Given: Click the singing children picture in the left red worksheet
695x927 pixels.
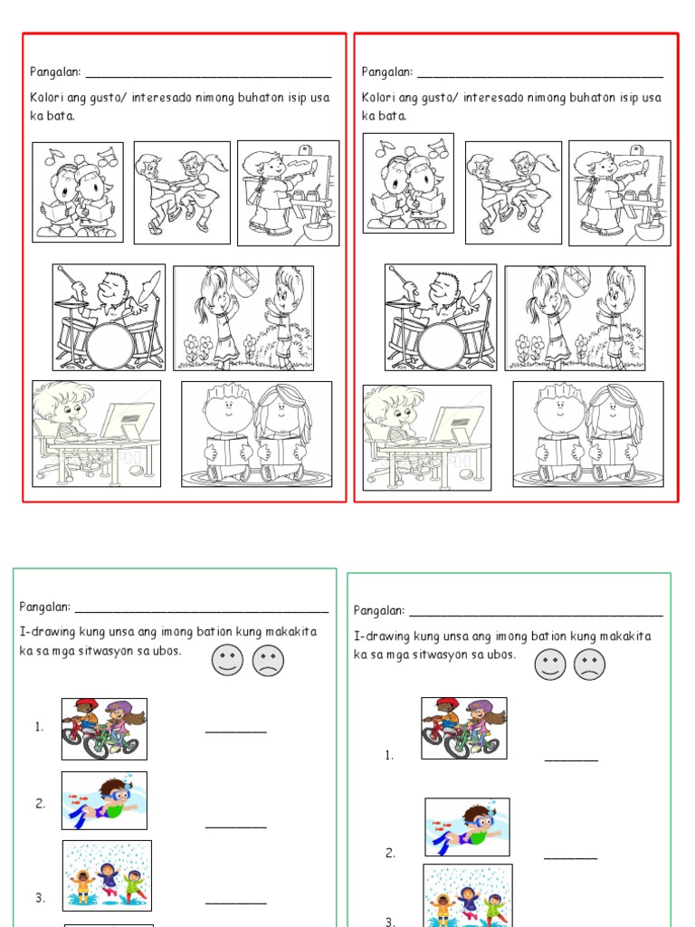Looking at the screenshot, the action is [x=78, y=192].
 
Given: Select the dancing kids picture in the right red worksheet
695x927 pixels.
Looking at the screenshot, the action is [x=514, y=193].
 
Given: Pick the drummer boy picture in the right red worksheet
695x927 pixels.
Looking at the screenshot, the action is [x=441, y=318].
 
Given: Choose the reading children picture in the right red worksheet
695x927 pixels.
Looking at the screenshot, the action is [x=588, y=435].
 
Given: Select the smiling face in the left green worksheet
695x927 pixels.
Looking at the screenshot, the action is [x=227, y=660].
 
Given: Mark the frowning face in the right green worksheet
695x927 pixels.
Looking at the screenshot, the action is [x=589, y=664].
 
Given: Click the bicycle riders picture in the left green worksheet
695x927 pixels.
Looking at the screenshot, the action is [x=105, y=729].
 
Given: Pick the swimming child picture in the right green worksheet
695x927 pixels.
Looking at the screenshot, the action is [x=467, y=827].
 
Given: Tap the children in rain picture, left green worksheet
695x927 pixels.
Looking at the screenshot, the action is [x=107, y=875].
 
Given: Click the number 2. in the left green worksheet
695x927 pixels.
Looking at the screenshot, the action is [x=40, y=804].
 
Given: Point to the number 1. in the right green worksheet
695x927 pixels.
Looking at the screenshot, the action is [x=389, y=755].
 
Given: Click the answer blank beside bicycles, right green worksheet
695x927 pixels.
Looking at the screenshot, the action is [x=572, y=760].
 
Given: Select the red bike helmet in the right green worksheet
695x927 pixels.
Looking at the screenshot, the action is [x=448, y=704].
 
